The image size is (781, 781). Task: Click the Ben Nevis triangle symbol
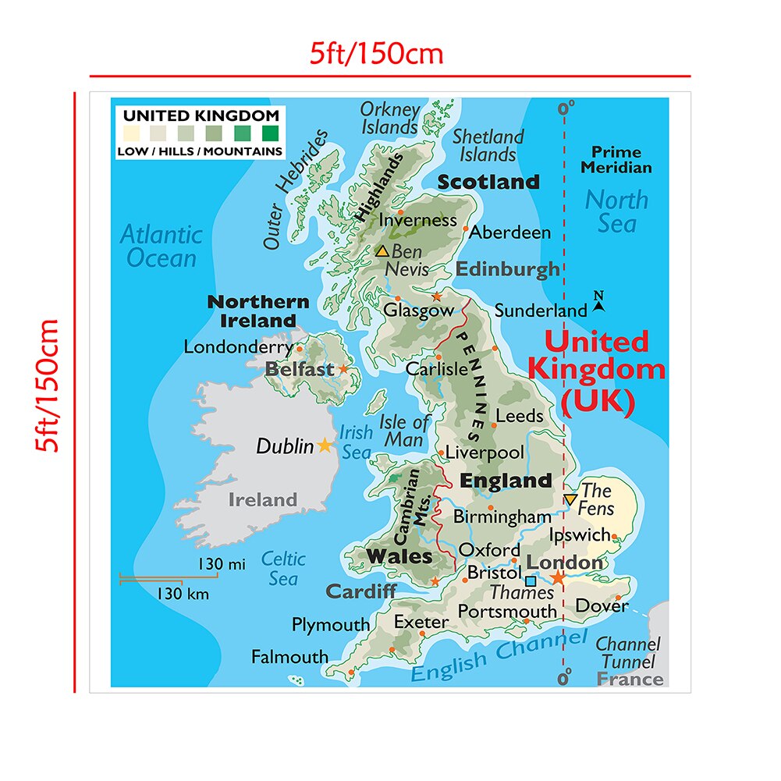(x=382, y=251)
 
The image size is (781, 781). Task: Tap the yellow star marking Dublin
(x=325, y=446)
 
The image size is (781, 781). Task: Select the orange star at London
(x=559, y=577)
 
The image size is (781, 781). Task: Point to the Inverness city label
(x=417, y=220)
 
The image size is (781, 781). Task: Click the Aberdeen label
(x=510, y=233)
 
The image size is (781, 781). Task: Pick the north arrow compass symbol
(x=599, y=302)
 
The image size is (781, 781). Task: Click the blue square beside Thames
(x=531, y=580)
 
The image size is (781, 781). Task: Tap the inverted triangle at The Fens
(x=571, y=499)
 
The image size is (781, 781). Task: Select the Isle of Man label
(x=404, y=431)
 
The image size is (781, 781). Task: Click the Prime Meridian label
(x=616, y=159)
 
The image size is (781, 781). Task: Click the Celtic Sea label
(x=283, y=568)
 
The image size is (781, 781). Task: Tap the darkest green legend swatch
(x=270, y=133)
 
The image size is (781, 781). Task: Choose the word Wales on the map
(x=399, y=556)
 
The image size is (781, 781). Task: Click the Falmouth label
(x=289, y=657)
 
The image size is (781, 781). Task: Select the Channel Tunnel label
(x=628, y=654)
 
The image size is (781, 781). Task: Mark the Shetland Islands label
(x=488, y=146)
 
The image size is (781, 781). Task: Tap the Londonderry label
(x=238, y=347)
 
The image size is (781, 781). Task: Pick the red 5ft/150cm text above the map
(x=376, y=54)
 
